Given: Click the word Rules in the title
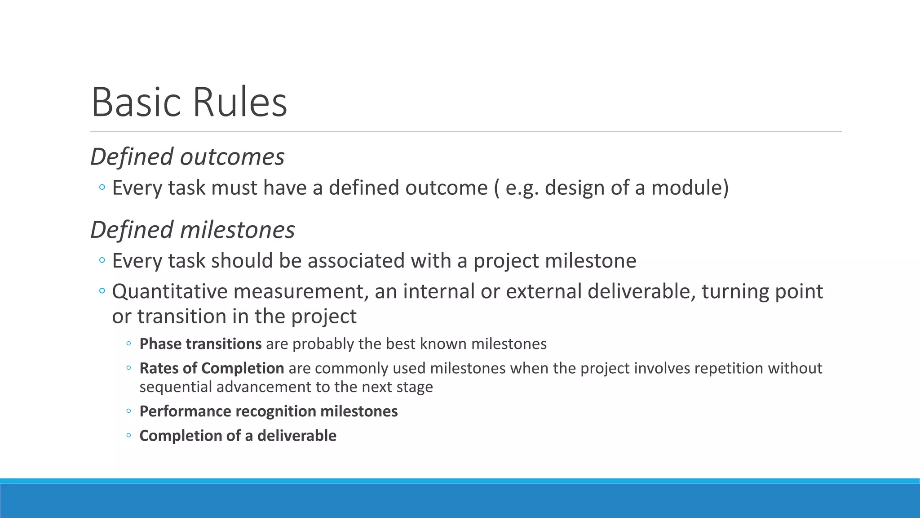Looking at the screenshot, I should pyautogui.click(x=240, y=103).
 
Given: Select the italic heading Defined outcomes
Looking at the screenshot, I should pyautogui.click(x=187, y=157).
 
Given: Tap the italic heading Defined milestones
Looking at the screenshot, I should pyautogui.click(x=192, y=230).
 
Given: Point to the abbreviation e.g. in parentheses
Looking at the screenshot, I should pyautogui.click(x=522, y=188).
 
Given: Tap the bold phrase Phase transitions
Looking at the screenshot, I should pyautogui.click(x=200, y=344).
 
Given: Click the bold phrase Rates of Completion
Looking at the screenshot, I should pyautogui.click(x=212, y=368).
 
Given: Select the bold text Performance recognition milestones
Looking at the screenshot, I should pyautogui.click(x=268, y=411).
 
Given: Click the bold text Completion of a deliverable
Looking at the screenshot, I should pyautogui.click(x=238, y=436).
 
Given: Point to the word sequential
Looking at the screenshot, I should pyautogui.click(x=176, y=387).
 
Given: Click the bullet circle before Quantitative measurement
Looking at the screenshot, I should pyautogui.click(x=102, y=291).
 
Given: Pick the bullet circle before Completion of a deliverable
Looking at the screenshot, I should pyautogui.click(x=129, y=435).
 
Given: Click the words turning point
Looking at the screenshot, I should pyautogui.click(x=762, y=291).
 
